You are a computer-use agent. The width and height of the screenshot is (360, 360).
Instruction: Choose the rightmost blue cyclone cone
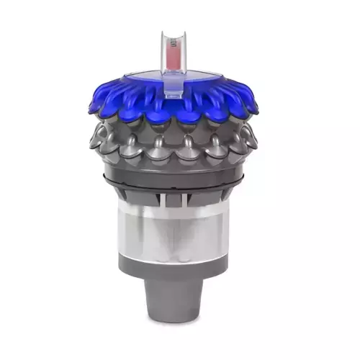[x=250, y=107]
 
